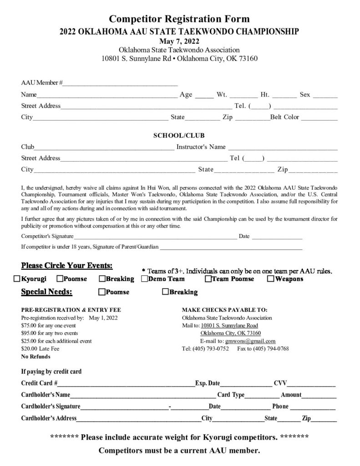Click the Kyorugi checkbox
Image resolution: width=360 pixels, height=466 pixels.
tap(17, 279)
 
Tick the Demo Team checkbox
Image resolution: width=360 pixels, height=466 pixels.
tap(144, 279)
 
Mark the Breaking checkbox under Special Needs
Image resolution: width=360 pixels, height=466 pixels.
tap(165, 292)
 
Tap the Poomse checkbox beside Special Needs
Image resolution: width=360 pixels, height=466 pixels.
tap(102, 292)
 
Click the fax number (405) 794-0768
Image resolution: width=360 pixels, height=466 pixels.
tap(272, 349)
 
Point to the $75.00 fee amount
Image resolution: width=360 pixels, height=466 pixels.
tap(30, 325)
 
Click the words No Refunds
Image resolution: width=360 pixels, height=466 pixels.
tap(36, 357)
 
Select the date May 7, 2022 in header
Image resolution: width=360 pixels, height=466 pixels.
tap(180, 41)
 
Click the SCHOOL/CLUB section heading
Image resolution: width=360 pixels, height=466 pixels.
tap(179, 135)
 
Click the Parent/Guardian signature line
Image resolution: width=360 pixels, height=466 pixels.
tap(231, 248)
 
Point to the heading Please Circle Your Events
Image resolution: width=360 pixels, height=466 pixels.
tap(67, 265)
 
